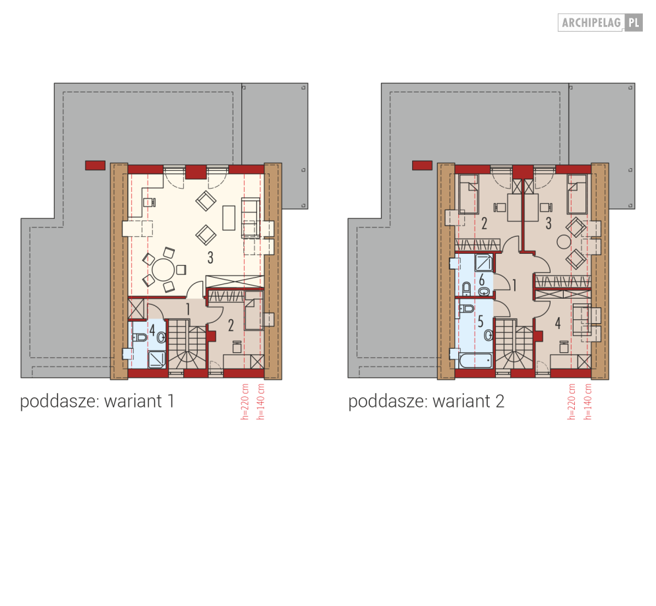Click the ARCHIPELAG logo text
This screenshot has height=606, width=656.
tap(591, 22)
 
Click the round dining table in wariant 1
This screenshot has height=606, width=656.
tap(163, 270)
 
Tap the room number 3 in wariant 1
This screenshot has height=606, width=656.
tap(210, 258)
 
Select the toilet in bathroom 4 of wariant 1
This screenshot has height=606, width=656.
tap(140, 337)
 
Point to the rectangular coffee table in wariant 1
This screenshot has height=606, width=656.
tap(228, 218)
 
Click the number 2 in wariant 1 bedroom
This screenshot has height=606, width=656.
tap(231, 325)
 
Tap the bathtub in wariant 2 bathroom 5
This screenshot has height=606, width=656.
tap(476, 361)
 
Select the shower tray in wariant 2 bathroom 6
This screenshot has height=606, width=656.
tap(484, 262)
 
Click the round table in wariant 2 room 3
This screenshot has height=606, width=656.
tap(564, 242)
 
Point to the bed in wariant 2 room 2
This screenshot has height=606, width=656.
tap(469, 194)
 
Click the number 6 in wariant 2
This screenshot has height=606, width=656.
tap(481, 280)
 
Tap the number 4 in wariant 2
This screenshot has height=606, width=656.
tap(558, 323)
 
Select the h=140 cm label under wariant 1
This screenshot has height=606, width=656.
tap(261, 402)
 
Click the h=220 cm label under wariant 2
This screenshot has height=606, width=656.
tap(572, 402)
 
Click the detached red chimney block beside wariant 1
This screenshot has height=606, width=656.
tap(95, 166)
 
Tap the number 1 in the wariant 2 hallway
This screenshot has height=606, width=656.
tap(514, 286)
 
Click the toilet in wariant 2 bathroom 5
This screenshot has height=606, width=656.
tap(467, 309)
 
